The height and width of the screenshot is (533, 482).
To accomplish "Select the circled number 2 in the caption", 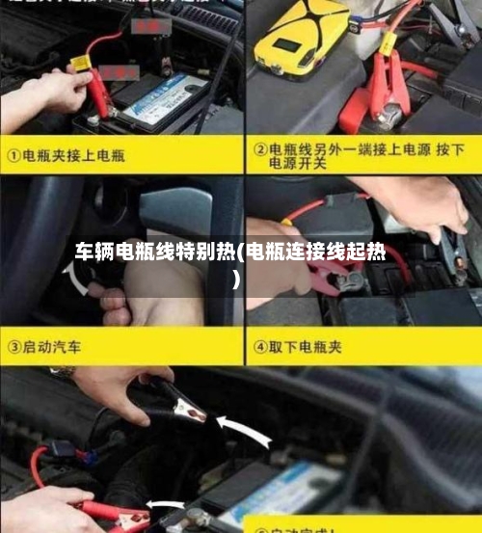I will click(259, 150).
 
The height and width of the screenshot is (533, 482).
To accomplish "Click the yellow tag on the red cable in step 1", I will click(77, 64).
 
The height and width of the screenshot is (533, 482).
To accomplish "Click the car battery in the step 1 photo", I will click(159, 101).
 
